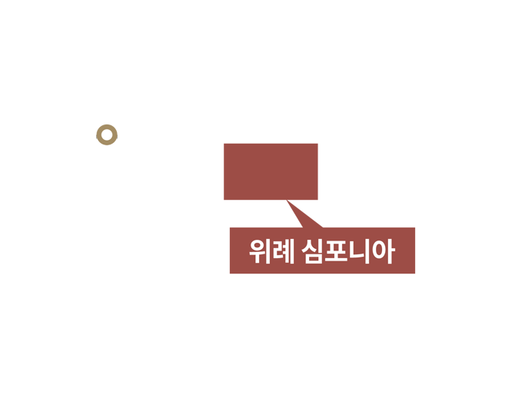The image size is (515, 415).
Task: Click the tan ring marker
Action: pos(107,127)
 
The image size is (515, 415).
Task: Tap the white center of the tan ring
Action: pos(107,135)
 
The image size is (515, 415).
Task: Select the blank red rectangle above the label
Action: pos(271,171)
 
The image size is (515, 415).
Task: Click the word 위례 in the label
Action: pos(271,251)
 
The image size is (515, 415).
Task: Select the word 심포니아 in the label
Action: pos(348,251)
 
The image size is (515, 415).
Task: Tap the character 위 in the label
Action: pos(260,251)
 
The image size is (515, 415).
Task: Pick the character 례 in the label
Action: pos(283,251)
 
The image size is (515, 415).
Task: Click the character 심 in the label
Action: pos(313,251)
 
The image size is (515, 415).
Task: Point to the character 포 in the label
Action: pos(336,251)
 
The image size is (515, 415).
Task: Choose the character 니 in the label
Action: pos(359,251)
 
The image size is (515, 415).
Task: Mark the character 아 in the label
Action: pos(384,251)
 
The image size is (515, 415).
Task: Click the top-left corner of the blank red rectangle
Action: pos(224,144)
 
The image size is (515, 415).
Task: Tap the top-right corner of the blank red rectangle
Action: pos(318,144)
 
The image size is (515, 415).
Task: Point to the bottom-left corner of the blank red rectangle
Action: pos(224,200)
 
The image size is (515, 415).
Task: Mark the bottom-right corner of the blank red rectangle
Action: pos(318,200)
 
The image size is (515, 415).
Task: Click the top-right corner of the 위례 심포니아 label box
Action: pos(415,227)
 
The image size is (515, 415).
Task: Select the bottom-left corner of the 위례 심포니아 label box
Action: pos(230,274)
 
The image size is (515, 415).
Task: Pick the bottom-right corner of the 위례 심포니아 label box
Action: pos(415,274)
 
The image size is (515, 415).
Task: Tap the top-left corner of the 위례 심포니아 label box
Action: pos(230,227)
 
